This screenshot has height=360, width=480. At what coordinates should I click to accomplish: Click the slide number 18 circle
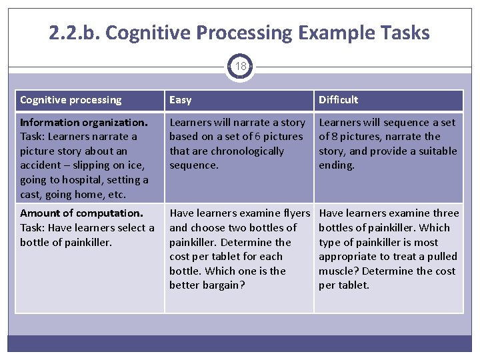click(240, 67)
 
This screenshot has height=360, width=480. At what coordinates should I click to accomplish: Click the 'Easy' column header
click(180, 100)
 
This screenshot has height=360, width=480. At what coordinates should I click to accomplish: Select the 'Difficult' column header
click(338, 100)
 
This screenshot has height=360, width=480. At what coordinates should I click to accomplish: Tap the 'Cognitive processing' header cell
click(71, 100)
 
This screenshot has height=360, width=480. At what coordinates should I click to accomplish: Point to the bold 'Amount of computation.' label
click(81, 213)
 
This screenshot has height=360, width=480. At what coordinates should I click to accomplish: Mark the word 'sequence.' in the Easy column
click(193, 165)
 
